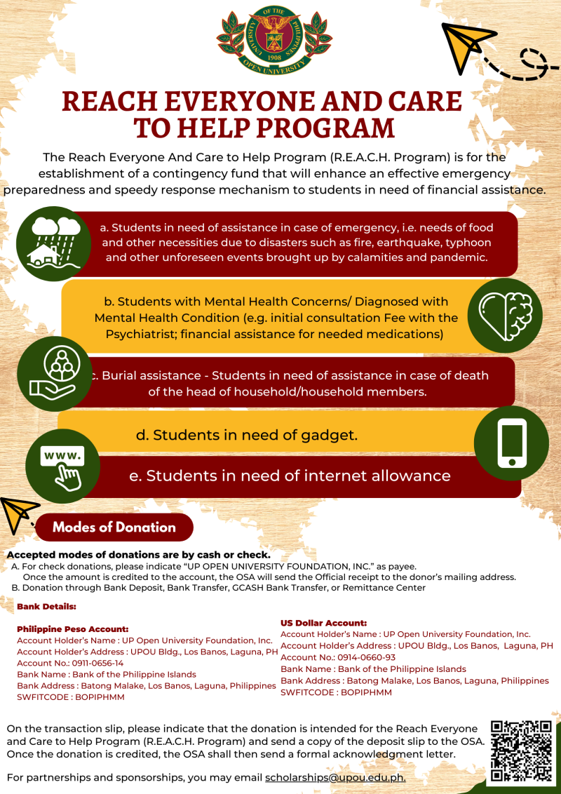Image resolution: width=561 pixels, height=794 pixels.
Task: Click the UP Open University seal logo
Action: pos(274,39)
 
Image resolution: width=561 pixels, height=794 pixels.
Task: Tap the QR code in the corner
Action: pos(520,751)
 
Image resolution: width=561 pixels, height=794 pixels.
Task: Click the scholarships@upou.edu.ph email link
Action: pos(335,777)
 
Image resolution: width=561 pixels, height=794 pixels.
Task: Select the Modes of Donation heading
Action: pos(114,527)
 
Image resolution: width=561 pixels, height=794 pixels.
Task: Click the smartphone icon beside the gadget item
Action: pos(511,443)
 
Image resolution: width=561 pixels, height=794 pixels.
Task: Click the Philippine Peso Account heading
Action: pos(72,629)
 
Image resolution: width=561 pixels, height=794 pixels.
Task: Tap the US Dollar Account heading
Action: pos(323,623)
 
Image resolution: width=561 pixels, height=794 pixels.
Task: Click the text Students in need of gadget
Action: pos(247,435)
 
